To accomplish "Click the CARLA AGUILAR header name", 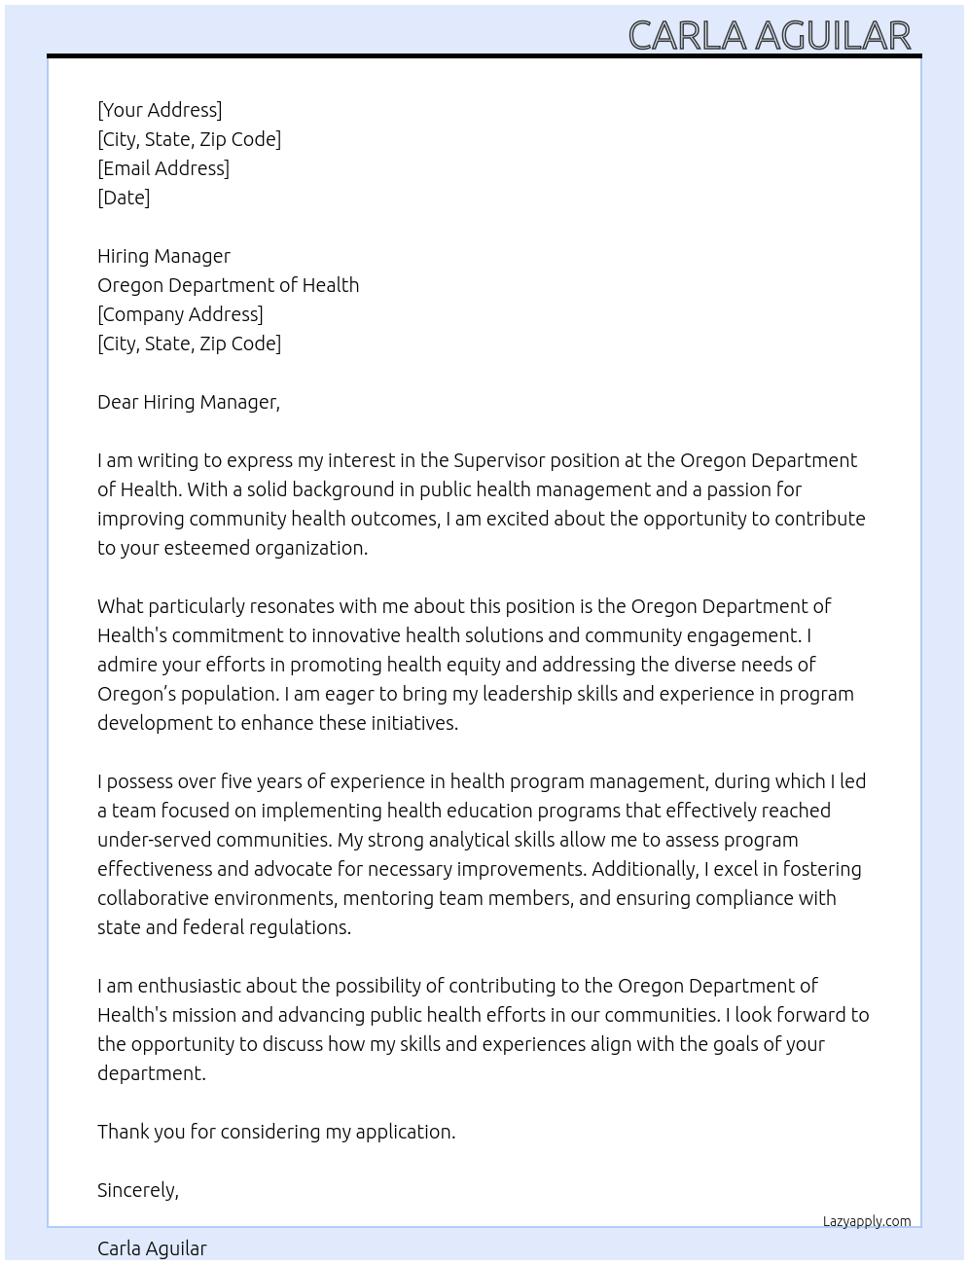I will click(769, 35).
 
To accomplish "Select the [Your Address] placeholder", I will click(160, 110).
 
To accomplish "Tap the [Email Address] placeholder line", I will click(163, 168).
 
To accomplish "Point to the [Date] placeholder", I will click(124, 198).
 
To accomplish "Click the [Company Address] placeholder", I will click(180, 314).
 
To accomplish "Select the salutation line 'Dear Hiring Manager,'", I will click(189, 402).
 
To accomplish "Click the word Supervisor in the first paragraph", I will click(500, 460).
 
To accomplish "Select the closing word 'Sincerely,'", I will click(138, 1190).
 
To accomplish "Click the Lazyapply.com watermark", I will click(867, 1221).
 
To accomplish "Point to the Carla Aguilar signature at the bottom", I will click(152, 1248).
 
